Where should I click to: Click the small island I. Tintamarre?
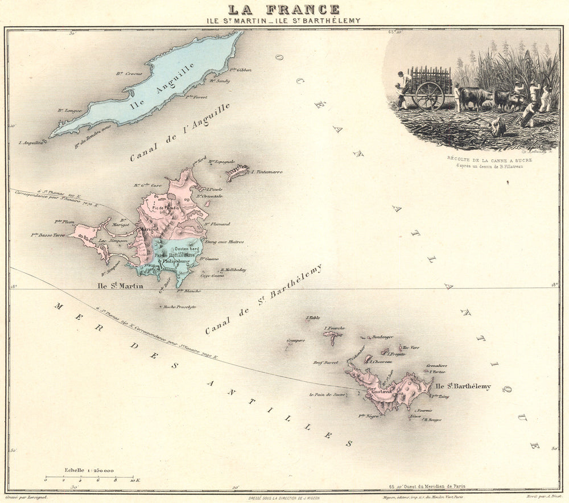click(238, 171)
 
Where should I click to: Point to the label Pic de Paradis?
click(165, 208)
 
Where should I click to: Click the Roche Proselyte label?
click(179, 307)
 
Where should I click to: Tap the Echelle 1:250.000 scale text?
click(89, 471)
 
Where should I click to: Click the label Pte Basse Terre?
click(48, 234)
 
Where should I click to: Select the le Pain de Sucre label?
click(327, 394)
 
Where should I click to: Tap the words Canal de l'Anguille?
click(179, 133)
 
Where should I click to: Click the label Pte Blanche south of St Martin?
click(189, 291)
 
